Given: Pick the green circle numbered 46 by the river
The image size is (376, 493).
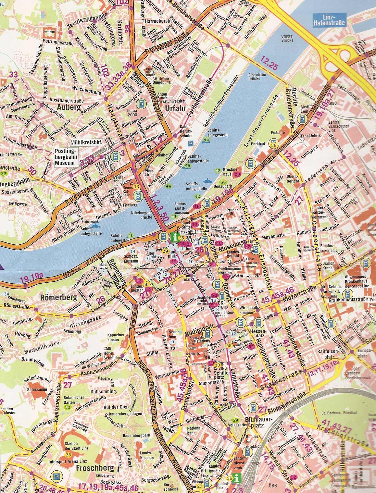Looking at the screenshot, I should pyautogui.click(x=207, y=139).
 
